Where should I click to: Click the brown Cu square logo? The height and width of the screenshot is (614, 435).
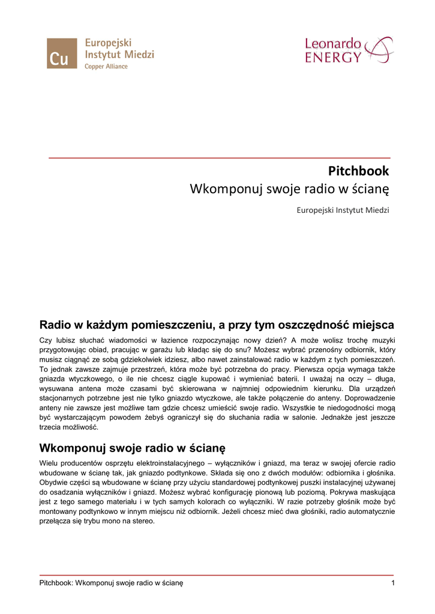62,53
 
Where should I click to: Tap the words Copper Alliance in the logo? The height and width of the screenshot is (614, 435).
106,67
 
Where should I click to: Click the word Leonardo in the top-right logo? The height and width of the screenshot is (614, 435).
333,44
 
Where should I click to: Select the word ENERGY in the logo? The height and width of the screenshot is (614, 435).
334,58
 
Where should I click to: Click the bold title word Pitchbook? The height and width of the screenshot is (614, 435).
358,171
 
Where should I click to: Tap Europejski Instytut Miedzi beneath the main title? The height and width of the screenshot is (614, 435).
343,210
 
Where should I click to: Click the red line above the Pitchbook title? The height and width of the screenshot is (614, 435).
219,158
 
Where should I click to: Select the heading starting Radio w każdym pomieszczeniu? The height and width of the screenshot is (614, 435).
217,326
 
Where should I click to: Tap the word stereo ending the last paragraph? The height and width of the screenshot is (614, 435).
144,521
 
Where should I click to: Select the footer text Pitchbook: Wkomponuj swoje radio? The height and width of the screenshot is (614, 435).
111,583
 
